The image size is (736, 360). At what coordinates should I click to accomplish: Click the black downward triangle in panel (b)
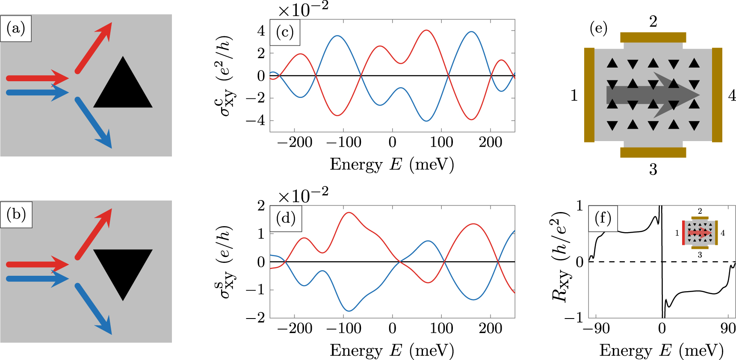pyautogui.click(x=123, y=269)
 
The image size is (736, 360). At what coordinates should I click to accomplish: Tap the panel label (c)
pyautogui.click(x=285, y=32)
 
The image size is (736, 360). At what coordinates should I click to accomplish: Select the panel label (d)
pyautogui.click(x=286, y=218)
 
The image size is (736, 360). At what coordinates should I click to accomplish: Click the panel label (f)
pyautogui.click(x=603, y=218)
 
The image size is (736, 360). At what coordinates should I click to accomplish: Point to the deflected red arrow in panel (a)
pyautogui.click(x=94, y=47)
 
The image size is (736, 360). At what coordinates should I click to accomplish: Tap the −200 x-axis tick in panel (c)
pyautogui.click(x=295, y=142)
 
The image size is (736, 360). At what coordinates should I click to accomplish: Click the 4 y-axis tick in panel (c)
pyautogui.click(x=261, y=31)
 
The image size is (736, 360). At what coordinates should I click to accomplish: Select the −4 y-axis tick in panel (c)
pyautogui.click(x=255, y=121)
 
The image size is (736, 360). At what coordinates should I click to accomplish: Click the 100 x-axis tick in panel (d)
pyautogui.click(x=441, y=328)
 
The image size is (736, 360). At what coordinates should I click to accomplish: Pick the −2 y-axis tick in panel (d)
pyautogui.click(x=255, y=318)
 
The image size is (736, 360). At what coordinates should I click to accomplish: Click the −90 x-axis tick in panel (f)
pyautogui.click(x=596, y=328)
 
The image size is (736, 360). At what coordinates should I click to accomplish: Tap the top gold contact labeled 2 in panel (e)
pyautogui.click(x=653, y=37)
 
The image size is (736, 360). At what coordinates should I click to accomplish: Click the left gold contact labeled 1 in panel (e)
pyautogui.click(x=589, y=95)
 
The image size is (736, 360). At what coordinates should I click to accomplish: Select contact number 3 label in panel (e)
pyautogui.click(x=653, y=170)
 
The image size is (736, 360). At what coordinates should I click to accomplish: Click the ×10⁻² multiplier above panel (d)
pyautogui.click(x=303, y=196)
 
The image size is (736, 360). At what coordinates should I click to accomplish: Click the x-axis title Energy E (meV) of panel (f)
pyautogui.click(x=661, y=351)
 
